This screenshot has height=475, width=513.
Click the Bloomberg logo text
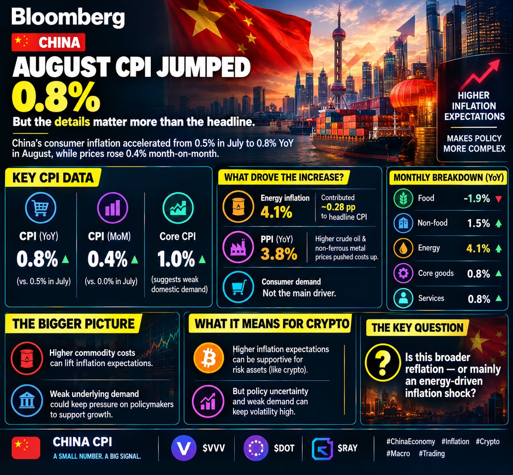(x=68, y=17)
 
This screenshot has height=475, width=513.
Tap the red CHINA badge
(x=48, y=42)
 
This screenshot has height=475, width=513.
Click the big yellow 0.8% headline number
(x=56, y=97)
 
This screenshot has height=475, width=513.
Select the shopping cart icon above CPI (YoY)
(x=41, y=207)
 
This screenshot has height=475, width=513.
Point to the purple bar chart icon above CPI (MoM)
(x=113, y=207)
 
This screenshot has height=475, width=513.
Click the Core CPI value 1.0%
(x=176, y=259)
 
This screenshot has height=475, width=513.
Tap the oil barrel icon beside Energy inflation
(x=238, y=207)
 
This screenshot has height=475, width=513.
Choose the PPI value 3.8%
(x=279, y=254)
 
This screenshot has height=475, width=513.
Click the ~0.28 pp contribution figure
(x=338, y=207)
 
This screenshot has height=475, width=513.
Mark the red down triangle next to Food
(x=498, y=199)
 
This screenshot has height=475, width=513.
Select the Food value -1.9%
(x=476, y=198)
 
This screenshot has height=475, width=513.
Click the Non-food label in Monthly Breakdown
(x=433, y=223)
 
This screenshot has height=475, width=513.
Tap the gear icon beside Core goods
(x=404, y=273)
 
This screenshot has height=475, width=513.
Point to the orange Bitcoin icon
(x=209, y=359)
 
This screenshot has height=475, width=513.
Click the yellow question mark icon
(x=383, y=362)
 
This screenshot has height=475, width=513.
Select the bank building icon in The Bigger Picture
(x=27, y=401)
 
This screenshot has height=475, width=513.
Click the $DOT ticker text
(x=284, y=448)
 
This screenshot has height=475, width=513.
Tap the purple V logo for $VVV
(x=183, y=448)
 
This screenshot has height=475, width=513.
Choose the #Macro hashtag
(x=398, y=454)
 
